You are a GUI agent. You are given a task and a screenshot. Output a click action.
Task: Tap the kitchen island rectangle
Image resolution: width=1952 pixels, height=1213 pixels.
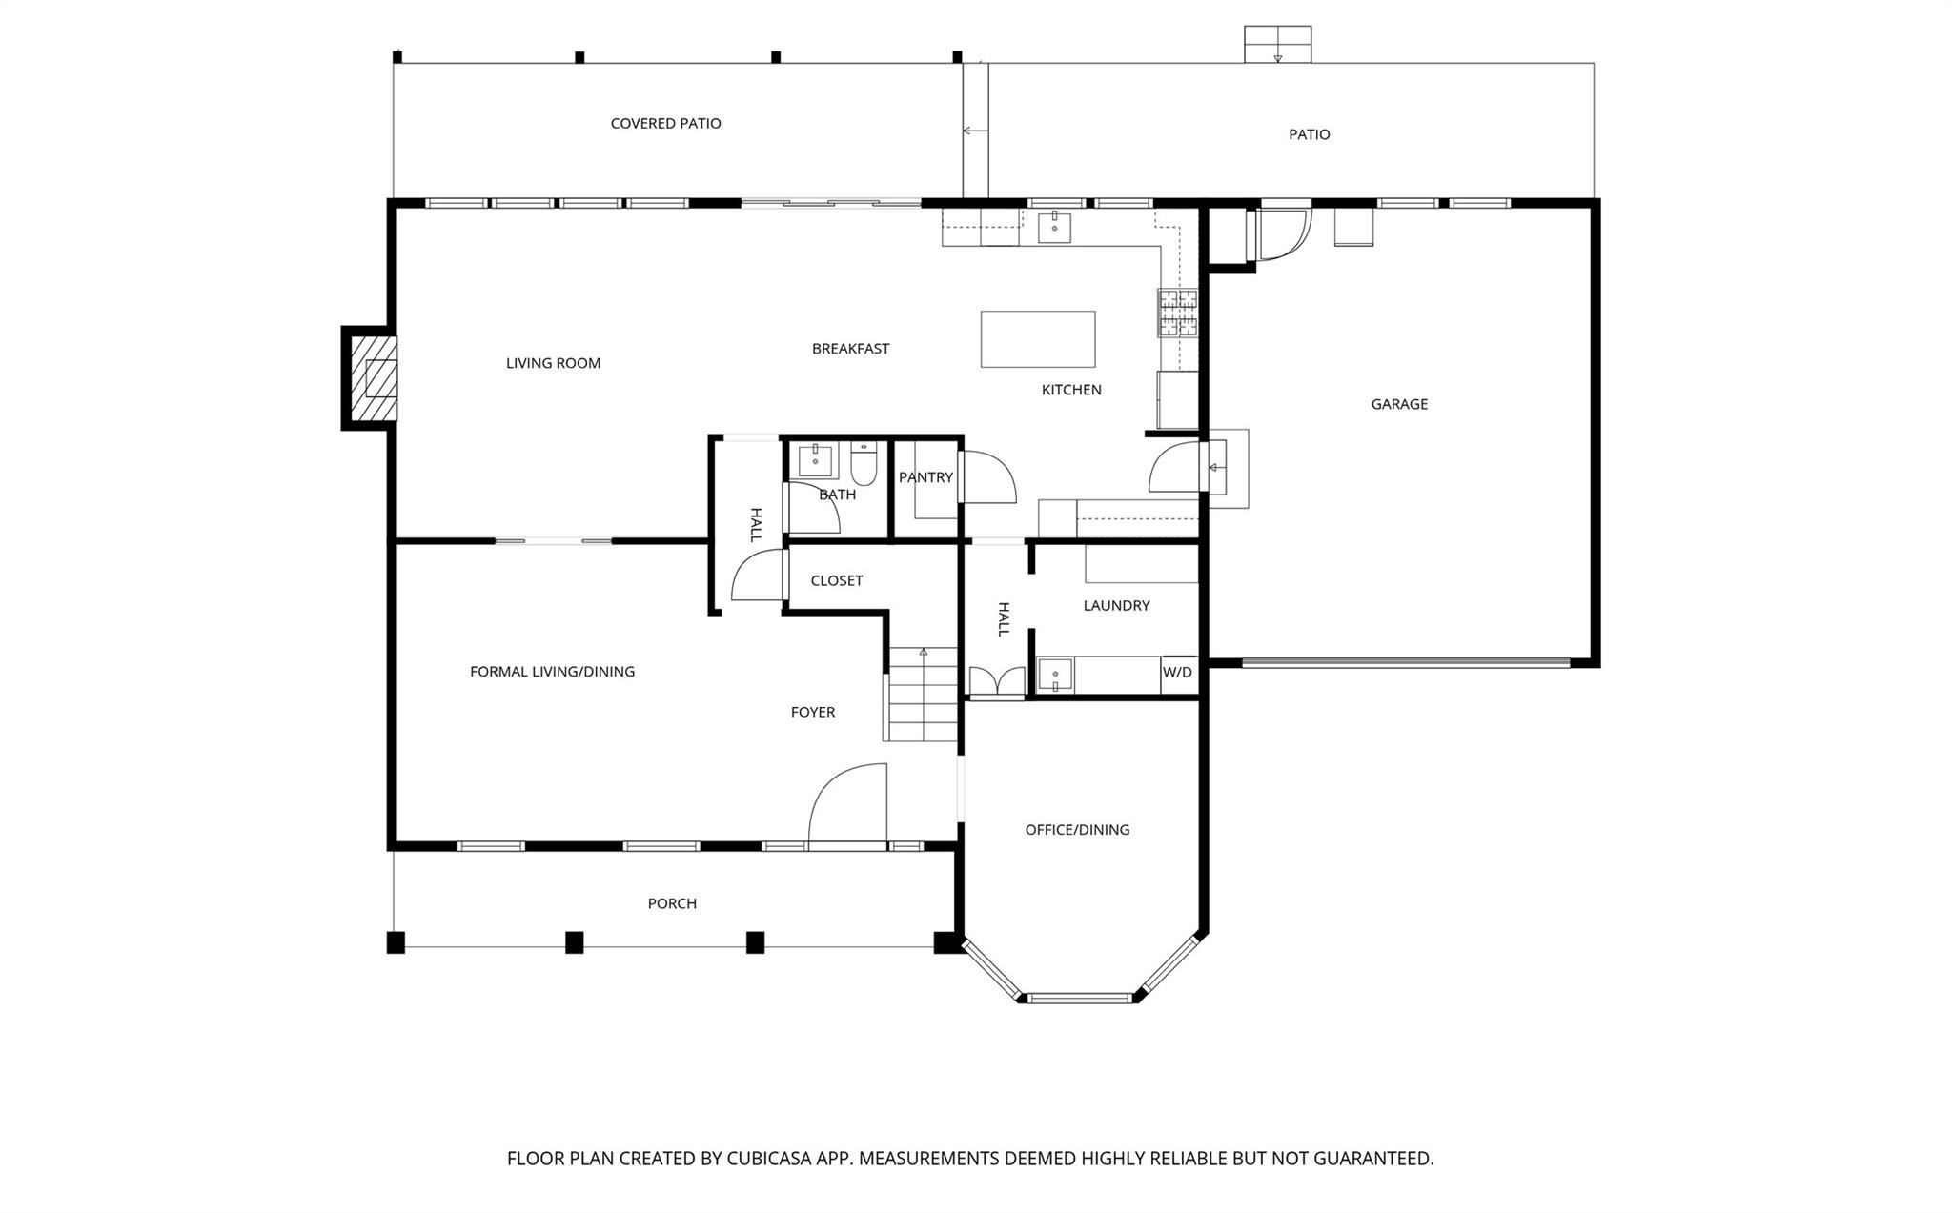(1037, 339)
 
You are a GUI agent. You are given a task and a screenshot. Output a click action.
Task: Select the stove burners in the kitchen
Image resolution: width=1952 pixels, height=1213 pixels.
(1177, 313)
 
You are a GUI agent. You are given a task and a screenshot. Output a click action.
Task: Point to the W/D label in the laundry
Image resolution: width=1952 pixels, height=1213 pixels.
(1177, 673)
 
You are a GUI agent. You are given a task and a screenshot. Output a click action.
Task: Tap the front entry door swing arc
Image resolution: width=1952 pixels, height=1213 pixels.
(846, 803)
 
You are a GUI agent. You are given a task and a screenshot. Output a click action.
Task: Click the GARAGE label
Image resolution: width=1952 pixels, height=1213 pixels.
(1398, 404)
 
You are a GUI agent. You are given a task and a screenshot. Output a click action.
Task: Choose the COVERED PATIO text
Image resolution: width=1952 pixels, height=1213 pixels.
(665, 124)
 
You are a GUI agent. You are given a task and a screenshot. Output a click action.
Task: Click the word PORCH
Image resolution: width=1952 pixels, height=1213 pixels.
(672, 903)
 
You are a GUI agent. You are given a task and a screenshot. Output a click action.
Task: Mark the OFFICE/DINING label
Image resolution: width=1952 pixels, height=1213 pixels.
(1077, 830)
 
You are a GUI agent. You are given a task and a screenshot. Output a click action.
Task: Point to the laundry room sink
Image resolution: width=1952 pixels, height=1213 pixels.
(1055, 675)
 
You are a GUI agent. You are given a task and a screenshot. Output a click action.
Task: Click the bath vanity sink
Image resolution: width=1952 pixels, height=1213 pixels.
(815, 460)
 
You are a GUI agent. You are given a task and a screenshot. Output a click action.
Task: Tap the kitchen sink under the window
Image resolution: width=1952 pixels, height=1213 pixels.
(1054, 229)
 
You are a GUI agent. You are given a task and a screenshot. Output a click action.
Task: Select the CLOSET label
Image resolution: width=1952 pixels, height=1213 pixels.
(836, 581)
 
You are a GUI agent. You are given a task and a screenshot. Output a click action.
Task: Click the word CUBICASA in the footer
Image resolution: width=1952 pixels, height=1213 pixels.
(768, 1159)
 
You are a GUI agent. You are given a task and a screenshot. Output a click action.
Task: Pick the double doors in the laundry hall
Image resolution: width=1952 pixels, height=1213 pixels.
(996, 682)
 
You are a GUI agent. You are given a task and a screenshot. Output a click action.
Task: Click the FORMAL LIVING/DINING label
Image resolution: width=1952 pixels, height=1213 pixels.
(552, 672)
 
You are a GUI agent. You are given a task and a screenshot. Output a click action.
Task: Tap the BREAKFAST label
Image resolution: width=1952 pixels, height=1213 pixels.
(850, 349)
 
